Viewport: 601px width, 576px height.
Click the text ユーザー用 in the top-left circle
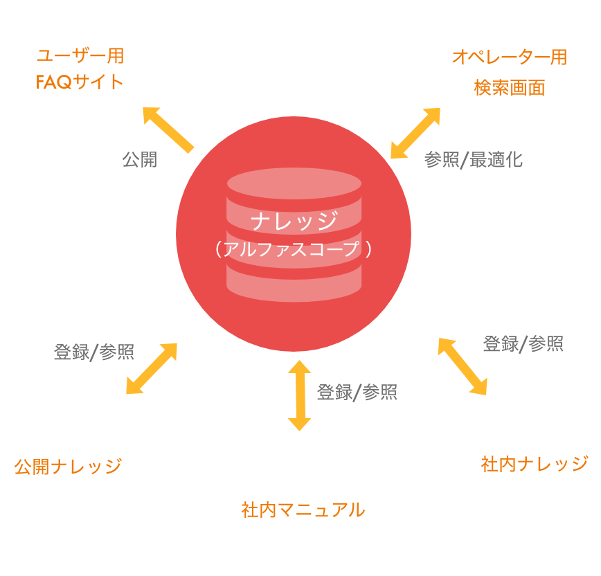(80, 57)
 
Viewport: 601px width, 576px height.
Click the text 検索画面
(509, 88)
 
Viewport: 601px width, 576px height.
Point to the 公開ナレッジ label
(67, 466)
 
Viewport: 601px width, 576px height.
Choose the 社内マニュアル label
(303, 510)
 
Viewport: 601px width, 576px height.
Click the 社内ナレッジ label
(534, 463)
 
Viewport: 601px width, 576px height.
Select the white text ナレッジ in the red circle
(294, 221)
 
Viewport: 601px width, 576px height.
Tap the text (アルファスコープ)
(294, 249)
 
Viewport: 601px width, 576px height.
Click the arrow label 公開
(139, 160)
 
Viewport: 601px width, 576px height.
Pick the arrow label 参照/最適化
(473, 160)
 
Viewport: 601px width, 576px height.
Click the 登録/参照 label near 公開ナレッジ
(93, 352)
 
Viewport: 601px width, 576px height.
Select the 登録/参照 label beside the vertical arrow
(357, 393)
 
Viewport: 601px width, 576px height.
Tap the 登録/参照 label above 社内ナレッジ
(523, 343)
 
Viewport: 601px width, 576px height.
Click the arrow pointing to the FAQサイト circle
(168, 129)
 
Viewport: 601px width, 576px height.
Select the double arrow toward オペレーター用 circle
(415, 134)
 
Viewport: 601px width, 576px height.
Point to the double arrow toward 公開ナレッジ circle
(152, 368)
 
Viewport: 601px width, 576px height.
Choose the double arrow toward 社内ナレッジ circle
(463, 366)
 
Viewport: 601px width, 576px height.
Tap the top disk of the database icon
(294, 184)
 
